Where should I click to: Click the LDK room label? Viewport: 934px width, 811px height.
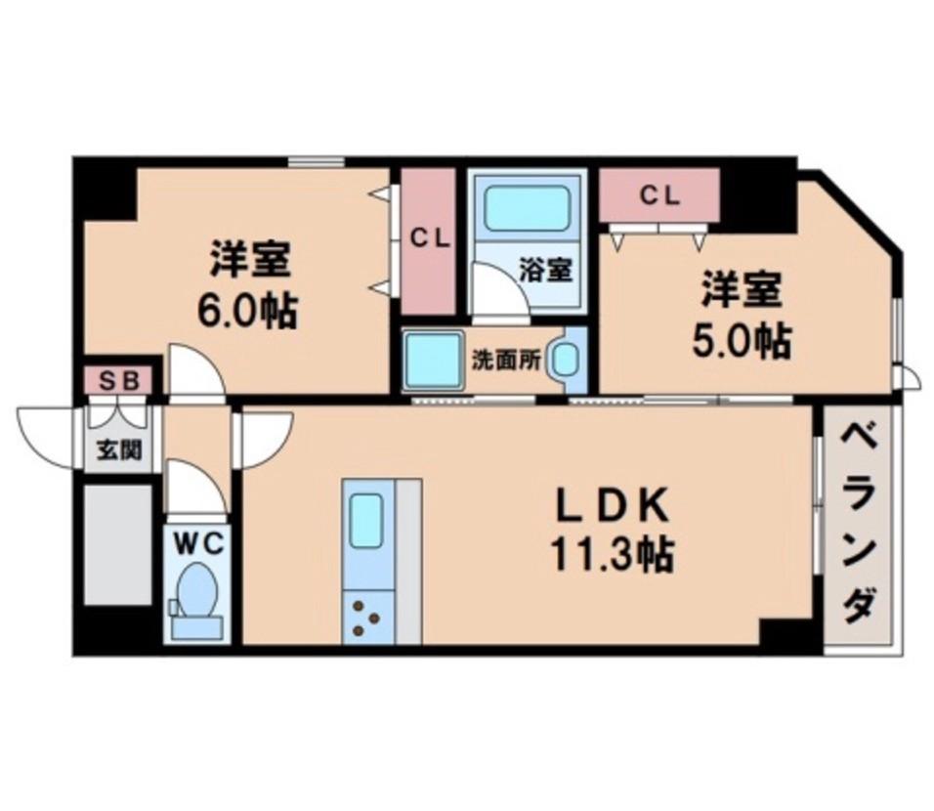(x=612, y=507)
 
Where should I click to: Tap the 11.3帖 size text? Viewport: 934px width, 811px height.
(x=612, y=556)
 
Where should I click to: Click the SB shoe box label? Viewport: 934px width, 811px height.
(x=117, y=379)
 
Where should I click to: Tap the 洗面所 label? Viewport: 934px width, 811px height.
(x=505, y=359)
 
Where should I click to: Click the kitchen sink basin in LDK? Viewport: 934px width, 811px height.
(x=366, y=511)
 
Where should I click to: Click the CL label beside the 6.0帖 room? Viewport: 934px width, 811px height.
(x=429, y=237)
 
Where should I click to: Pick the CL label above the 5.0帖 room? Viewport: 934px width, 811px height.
(x=659, y=194)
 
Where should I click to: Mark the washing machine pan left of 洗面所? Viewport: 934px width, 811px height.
(x=432, y=359)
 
